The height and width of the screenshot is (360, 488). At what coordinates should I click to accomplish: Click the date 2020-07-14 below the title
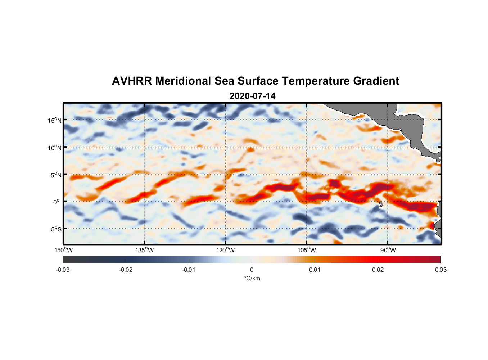click(252, 96)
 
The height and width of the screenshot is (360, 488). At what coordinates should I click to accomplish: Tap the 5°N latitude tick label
click(56, 175)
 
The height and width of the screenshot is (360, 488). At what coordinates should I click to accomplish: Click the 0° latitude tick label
click(57, 202)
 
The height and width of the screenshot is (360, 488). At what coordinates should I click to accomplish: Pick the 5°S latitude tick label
click(56, 229)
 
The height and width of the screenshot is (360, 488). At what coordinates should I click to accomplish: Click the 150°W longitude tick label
click(63, 250)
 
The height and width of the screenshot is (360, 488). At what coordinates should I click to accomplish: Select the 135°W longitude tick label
click(145, 250)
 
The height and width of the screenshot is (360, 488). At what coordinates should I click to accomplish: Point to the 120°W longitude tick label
click(226, 250)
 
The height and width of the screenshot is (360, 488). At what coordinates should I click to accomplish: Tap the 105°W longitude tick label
click(307, 250)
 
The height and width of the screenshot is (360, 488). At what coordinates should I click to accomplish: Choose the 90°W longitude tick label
click(388, 250)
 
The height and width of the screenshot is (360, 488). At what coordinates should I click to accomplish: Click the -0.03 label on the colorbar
click(63, 270)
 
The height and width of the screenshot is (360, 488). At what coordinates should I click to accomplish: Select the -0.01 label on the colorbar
click(189, 270)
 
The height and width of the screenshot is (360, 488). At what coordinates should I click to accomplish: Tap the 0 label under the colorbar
click(252, 270)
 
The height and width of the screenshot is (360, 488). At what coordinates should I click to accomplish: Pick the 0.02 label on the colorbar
click(378, 270)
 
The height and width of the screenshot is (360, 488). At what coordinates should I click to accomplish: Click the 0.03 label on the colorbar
click(440, 270)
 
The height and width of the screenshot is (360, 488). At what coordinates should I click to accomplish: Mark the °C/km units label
click(252, 278)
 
